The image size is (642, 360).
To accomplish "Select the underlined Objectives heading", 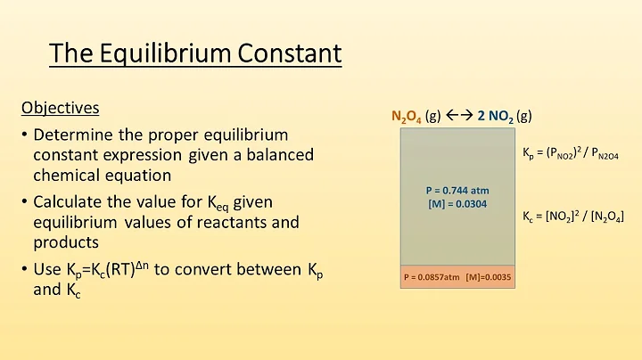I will (x=60, y=108).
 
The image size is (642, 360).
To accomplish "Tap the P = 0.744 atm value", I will (x=457, y=190).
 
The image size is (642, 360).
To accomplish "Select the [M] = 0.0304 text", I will (x=457, y=204).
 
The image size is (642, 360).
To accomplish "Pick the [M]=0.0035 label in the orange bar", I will (x=490, y=277).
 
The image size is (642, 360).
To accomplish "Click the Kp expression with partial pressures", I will (x=571, y=153).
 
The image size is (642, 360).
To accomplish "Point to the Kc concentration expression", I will (x=572, y=217).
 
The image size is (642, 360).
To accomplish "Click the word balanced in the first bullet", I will (x=282, y=155).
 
